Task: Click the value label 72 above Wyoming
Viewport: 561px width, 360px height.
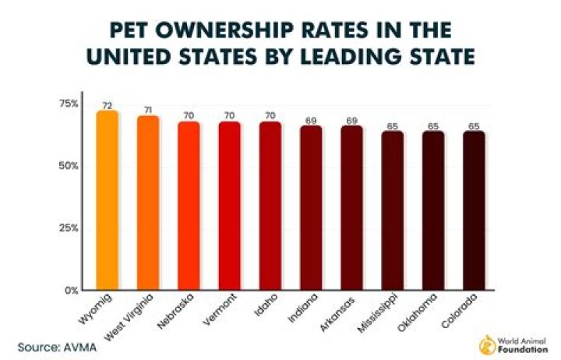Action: (x=107, y=104)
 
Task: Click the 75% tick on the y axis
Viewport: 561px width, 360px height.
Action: (x=69, y=104)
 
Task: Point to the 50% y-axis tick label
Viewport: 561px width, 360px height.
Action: (x=69, y=166)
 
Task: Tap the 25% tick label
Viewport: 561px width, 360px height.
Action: (x=69, y=228)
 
